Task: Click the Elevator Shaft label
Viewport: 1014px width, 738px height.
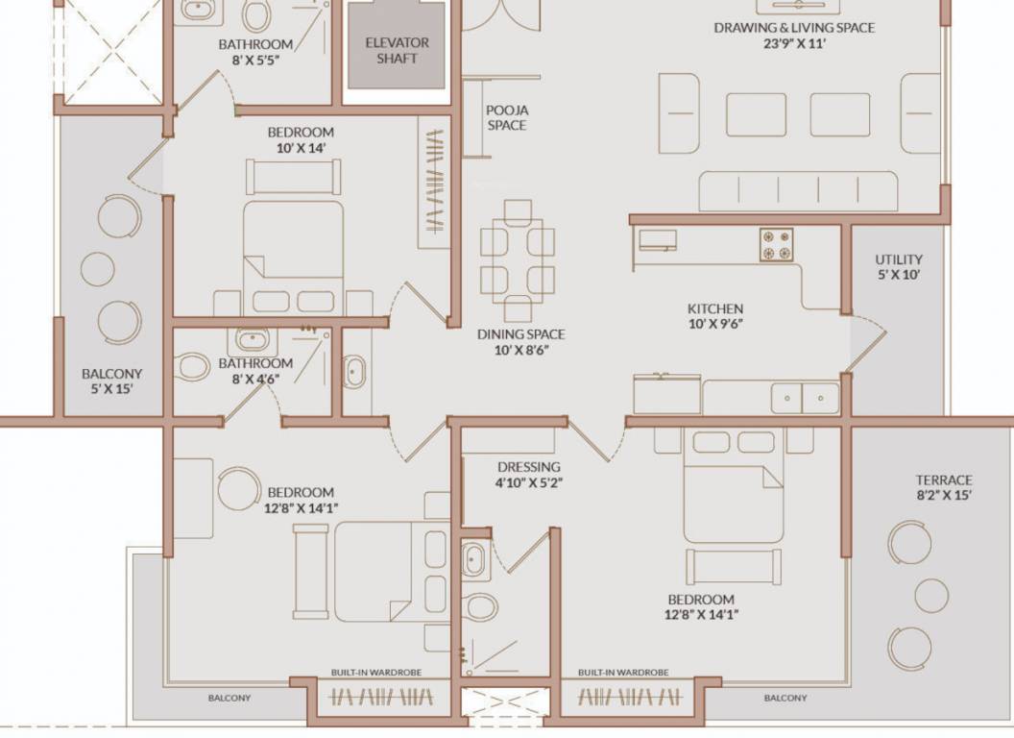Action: (x=397, y=51)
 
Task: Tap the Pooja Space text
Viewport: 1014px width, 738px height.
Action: (x=506, y=118)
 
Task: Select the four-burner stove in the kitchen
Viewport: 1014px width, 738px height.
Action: (x=777, y=244)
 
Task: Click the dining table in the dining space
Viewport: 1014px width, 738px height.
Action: (x=518, y=260)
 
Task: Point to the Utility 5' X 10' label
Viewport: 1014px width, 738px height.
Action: (x=899, y=267)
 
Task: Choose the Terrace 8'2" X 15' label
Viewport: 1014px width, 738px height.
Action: (x=943, y=487)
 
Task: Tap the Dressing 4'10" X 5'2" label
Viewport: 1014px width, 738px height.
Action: (x=528, y=475)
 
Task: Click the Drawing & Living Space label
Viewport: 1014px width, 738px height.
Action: (x=793, y=36)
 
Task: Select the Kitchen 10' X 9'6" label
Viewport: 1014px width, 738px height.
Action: (x=714, y=316)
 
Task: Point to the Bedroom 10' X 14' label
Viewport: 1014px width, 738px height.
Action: (x=301, y=140)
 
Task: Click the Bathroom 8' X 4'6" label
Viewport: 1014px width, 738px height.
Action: (x=255, y=371)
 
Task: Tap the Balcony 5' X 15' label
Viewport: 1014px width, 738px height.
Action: (x=111, y=381)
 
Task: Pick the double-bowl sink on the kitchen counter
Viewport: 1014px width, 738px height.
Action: (x=805, y=397)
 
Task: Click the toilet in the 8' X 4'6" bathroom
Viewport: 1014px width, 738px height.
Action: (x=193, y=367)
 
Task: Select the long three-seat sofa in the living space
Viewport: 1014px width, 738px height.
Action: (x=796, y=191)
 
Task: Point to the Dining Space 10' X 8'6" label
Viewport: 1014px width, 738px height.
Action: (x=520, y=342)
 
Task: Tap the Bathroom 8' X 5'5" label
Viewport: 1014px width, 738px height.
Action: (x=255, y=52)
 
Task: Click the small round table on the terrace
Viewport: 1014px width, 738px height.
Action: (x=931, y=596)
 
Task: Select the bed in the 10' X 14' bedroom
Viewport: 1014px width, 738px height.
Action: (x=293, y=255)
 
